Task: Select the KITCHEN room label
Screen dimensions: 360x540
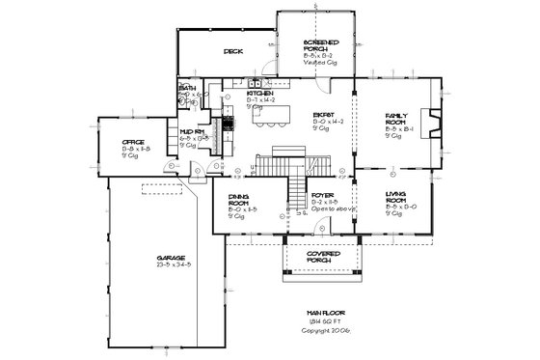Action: click(260, 94)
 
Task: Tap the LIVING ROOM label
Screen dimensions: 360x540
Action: click(396, 198)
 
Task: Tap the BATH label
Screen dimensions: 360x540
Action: click(186, 87)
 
